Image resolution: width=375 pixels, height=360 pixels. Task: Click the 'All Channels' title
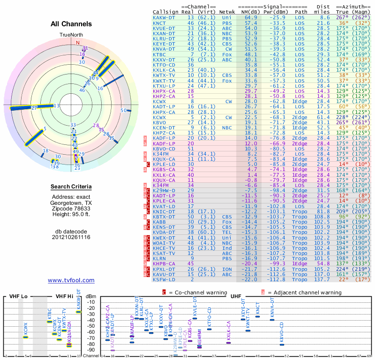pyautogui.click(x=71, y=23)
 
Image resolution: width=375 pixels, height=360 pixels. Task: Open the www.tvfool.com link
pyautogui.click(x=71, y=280)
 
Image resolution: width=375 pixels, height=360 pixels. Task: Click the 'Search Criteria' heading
pyautogui.click(x=71, y=187)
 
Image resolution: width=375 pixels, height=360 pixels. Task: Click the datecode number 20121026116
pyautogui.click(x=71, y=237)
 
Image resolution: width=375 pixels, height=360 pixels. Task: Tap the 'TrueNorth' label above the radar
pyautogui.click(x=71, y=35)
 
